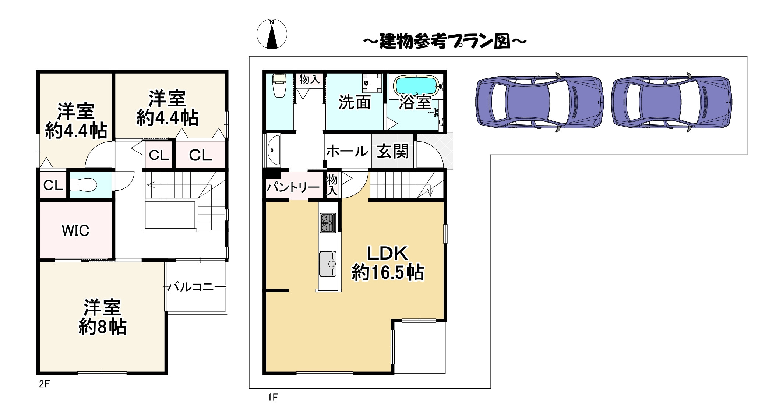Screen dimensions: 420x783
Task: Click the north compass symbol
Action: coord(272,34)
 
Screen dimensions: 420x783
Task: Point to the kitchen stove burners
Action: coord(328,223)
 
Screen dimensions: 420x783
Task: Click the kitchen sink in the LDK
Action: coord(327,264)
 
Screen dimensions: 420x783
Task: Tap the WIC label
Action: coord(75,231)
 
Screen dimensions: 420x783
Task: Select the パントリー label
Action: coord(293,187)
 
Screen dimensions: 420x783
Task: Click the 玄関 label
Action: coord(392,151)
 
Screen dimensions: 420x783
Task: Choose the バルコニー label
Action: coord(197,287)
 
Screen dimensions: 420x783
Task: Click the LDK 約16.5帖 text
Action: coord(388,263)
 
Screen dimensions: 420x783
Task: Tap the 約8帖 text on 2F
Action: coord(102,327)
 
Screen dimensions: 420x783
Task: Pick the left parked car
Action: coord(539,102)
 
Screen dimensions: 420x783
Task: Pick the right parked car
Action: coord(671,102)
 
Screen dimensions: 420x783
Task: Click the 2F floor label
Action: coord(44,384)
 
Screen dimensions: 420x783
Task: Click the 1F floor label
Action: coord(273,397)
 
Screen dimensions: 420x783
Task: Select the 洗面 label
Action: coord(354,102)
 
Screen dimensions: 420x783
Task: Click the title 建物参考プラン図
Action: coord(445,41)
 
